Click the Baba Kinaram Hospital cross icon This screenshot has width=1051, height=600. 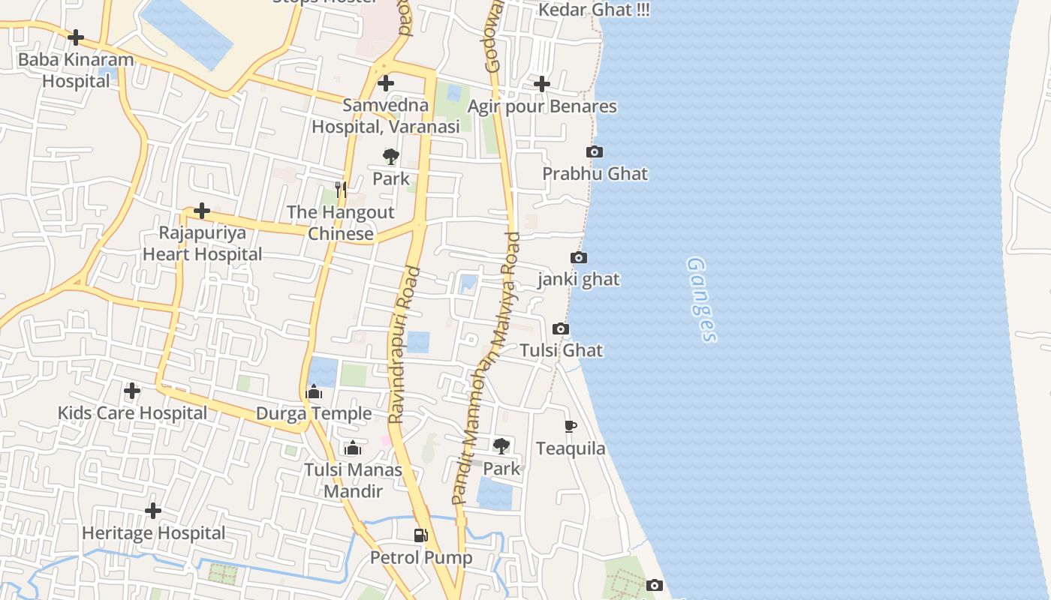point(76,37)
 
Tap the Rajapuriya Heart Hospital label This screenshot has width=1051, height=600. point(203,244)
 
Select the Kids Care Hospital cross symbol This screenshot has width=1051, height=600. point(132,391)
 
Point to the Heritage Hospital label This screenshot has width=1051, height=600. point(153,533)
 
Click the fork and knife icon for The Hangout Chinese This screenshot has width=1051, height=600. point(341,189)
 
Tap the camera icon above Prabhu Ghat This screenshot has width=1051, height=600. point(595,152)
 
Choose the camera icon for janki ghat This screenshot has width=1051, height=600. point(579,258)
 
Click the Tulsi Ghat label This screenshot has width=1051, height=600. point(562,350)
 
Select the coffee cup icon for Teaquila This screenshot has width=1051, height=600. point(571,427)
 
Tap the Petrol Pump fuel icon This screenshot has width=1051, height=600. point(421,535)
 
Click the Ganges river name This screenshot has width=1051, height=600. point(701,300)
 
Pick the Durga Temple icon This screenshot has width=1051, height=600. point(314,392)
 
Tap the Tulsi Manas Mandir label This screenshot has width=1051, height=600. point(353,481)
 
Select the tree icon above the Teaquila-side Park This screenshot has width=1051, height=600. point(501,446)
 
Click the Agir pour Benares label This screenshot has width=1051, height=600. point(542,106)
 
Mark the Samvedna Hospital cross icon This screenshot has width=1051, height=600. point(386,83)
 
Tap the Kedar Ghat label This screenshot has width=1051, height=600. point(594,10)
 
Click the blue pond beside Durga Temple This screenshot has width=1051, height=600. point(324,371)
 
